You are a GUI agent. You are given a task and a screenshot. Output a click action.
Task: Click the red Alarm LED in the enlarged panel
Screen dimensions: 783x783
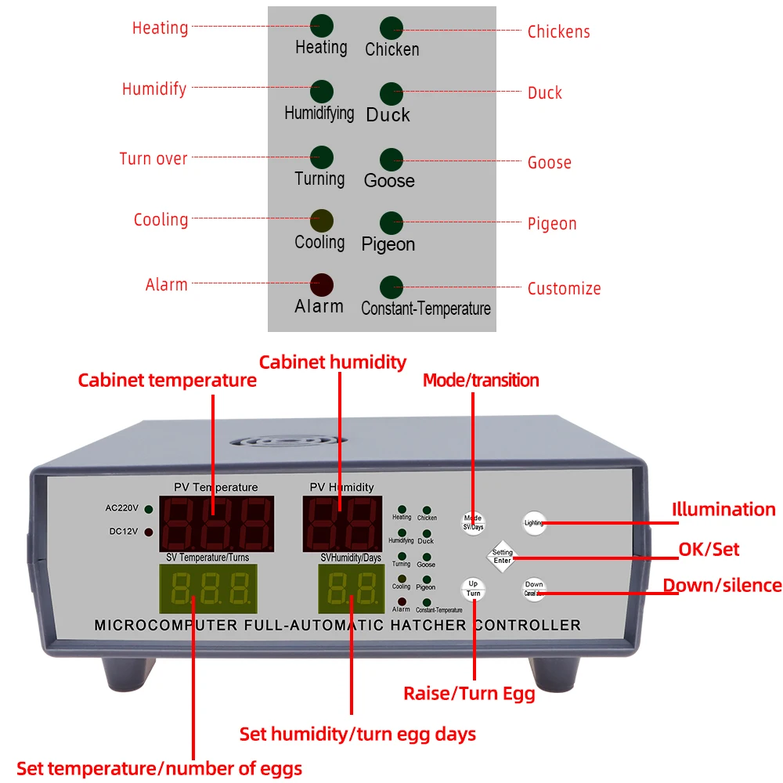click(321, 283)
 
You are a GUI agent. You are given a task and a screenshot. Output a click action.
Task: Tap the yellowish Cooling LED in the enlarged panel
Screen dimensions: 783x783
click(321, 219)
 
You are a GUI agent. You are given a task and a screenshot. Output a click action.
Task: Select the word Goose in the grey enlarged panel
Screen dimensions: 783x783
click(389, 181)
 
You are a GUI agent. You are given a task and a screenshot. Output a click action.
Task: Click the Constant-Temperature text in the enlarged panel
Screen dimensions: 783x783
click(426, 309)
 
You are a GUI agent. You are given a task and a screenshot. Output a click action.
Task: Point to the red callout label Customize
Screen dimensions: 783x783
click(564, 288)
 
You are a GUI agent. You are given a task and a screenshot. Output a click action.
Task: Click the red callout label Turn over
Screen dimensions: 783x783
click(153, 158)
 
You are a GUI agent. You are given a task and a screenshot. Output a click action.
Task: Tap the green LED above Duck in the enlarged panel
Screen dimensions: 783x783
click(391, 92)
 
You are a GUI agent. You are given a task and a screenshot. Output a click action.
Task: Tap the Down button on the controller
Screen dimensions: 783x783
click(534, 589)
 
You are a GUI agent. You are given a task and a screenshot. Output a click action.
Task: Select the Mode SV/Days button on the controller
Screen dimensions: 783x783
click(473, 521)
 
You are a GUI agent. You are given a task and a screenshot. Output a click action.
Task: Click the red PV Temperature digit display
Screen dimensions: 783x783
click(216, 522)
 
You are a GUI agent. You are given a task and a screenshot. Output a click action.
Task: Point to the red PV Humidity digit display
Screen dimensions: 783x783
click(341, 522)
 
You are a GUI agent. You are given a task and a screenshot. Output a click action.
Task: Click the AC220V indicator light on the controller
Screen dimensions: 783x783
click(148, 509)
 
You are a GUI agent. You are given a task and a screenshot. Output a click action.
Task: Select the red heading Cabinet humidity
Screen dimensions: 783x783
click(333, 362)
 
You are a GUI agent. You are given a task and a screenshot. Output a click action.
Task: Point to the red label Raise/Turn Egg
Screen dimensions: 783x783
click(469, 693)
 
